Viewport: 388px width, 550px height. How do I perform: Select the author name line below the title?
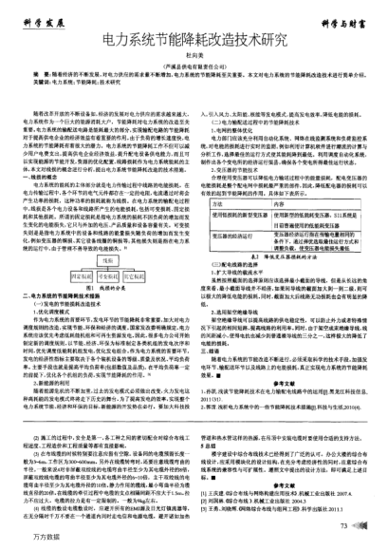coord(194,58)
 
